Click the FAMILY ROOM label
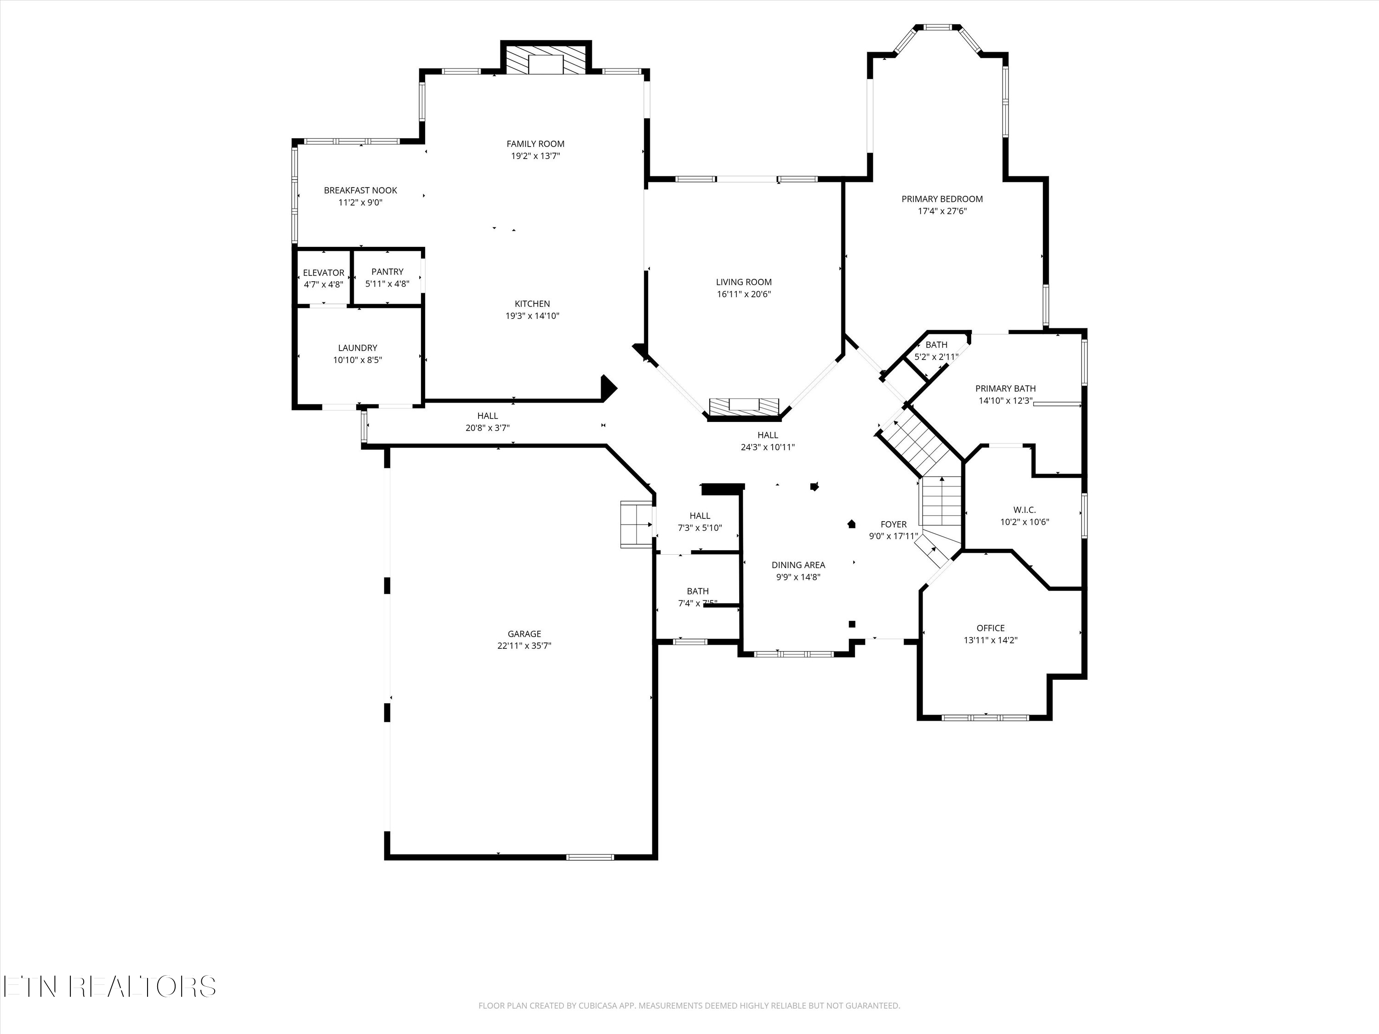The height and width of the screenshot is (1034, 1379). point(535,144)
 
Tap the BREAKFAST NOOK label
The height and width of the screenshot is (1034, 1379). point(360,191)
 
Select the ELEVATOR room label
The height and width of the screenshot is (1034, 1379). point(324,273)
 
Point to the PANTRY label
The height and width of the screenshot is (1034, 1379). point(387,272)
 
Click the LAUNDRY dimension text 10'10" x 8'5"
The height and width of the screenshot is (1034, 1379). point(357,360)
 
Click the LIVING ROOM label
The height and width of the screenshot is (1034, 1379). point(744,282)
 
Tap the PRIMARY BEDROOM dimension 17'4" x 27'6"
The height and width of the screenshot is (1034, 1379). point(942,211)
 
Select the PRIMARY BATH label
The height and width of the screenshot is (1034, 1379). point(1005,389)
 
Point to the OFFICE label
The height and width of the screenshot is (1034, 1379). point(990,628)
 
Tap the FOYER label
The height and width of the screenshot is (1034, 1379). point(893,525)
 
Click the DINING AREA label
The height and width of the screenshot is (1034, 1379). point(798,565)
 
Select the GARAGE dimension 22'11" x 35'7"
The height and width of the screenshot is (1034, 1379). point(524,646)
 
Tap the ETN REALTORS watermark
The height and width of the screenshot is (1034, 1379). point(110,987)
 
